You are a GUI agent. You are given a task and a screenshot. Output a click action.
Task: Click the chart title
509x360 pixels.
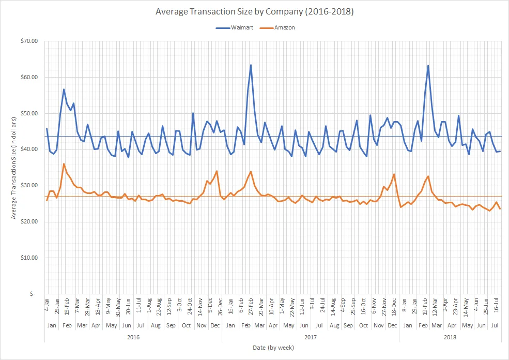[x=254, y=10]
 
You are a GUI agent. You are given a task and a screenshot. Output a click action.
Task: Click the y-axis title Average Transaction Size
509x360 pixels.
[x=14, y=167]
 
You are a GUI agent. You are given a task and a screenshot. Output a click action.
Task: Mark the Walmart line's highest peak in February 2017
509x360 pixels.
[x=251, y=65]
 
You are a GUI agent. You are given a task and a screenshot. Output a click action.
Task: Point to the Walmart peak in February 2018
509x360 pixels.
[x=428, y=66]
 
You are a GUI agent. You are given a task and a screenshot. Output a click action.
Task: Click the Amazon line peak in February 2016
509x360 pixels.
[x=64, y=164]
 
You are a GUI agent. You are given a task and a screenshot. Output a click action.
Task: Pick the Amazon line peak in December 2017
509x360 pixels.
[x=394, y=174]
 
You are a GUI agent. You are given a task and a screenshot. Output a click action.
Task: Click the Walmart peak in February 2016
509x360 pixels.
[x=64, y=89]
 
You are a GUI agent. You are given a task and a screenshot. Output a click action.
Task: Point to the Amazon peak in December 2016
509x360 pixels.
[x=217, y=171]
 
